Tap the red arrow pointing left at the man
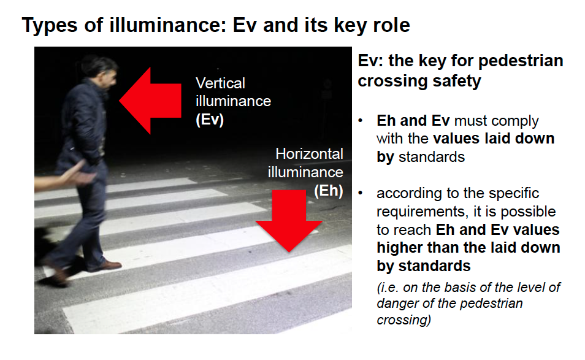(x=150, y=101)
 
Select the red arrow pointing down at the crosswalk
(x=289, y=221)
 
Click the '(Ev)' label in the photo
(x=210, y=120)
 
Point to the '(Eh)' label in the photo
(x=328, y=191)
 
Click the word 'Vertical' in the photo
(x=221, y=83)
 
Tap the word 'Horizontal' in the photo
(x=309, y=154)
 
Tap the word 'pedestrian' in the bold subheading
(x=521, y=61)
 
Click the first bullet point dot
(x=361, y=121)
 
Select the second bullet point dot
(x=361, y=193)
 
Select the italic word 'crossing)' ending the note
(x=404, y=320)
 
